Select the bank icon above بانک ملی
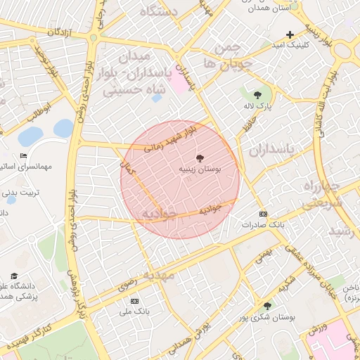pos(135,300)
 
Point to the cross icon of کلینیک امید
pos(290,34)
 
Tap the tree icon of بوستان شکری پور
pos(266,306)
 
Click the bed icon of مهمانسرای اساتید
pos(23,156)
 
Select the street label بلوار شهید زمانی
pos(170,138)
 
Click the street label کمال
pos(128,168)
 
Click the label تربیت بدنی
pos(19,191)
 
